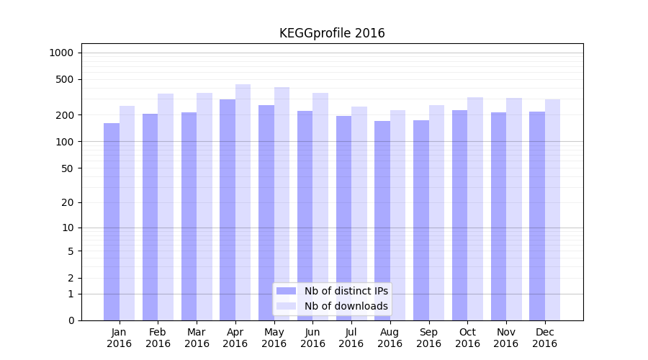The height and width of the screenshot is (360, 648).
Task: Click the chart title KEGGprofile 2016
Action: (x=332, y=33)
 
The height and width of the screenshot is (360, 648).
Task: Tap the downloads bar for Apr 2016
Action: (x=243, y=202)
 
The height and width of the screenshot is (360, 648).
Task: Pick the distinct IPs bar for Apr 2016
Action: (x=228, y=210)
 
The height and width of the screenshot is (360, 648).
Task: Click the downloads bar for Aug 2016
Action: (x=397, y=215)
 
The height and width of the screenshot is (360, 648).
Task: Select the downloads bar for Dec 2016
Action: (x=552, y=210)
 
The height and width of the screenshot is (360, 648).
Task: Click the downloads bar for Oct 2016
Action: (x=475, y=209)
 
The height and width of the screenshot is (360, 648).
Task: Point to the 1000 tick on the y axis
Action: (x=61, y=53)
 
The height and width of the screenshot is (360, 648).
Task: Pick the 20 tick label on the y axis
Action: (x=68, y=202)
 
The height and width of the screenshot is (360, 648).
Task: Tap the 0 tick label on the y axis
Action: (x=71, y=320)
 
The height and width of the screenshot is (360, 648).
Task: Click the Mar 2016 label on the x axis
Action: (x=197, y=338)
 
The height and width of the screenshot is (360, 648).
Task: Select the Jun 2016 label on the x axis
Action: (x=312, y=338)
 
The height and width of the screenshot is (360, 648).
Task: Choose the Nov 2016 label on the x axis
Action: (x=506, y=338)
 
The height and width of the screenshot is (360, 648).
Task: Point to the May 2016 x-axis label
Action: (x=274, y=338)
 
